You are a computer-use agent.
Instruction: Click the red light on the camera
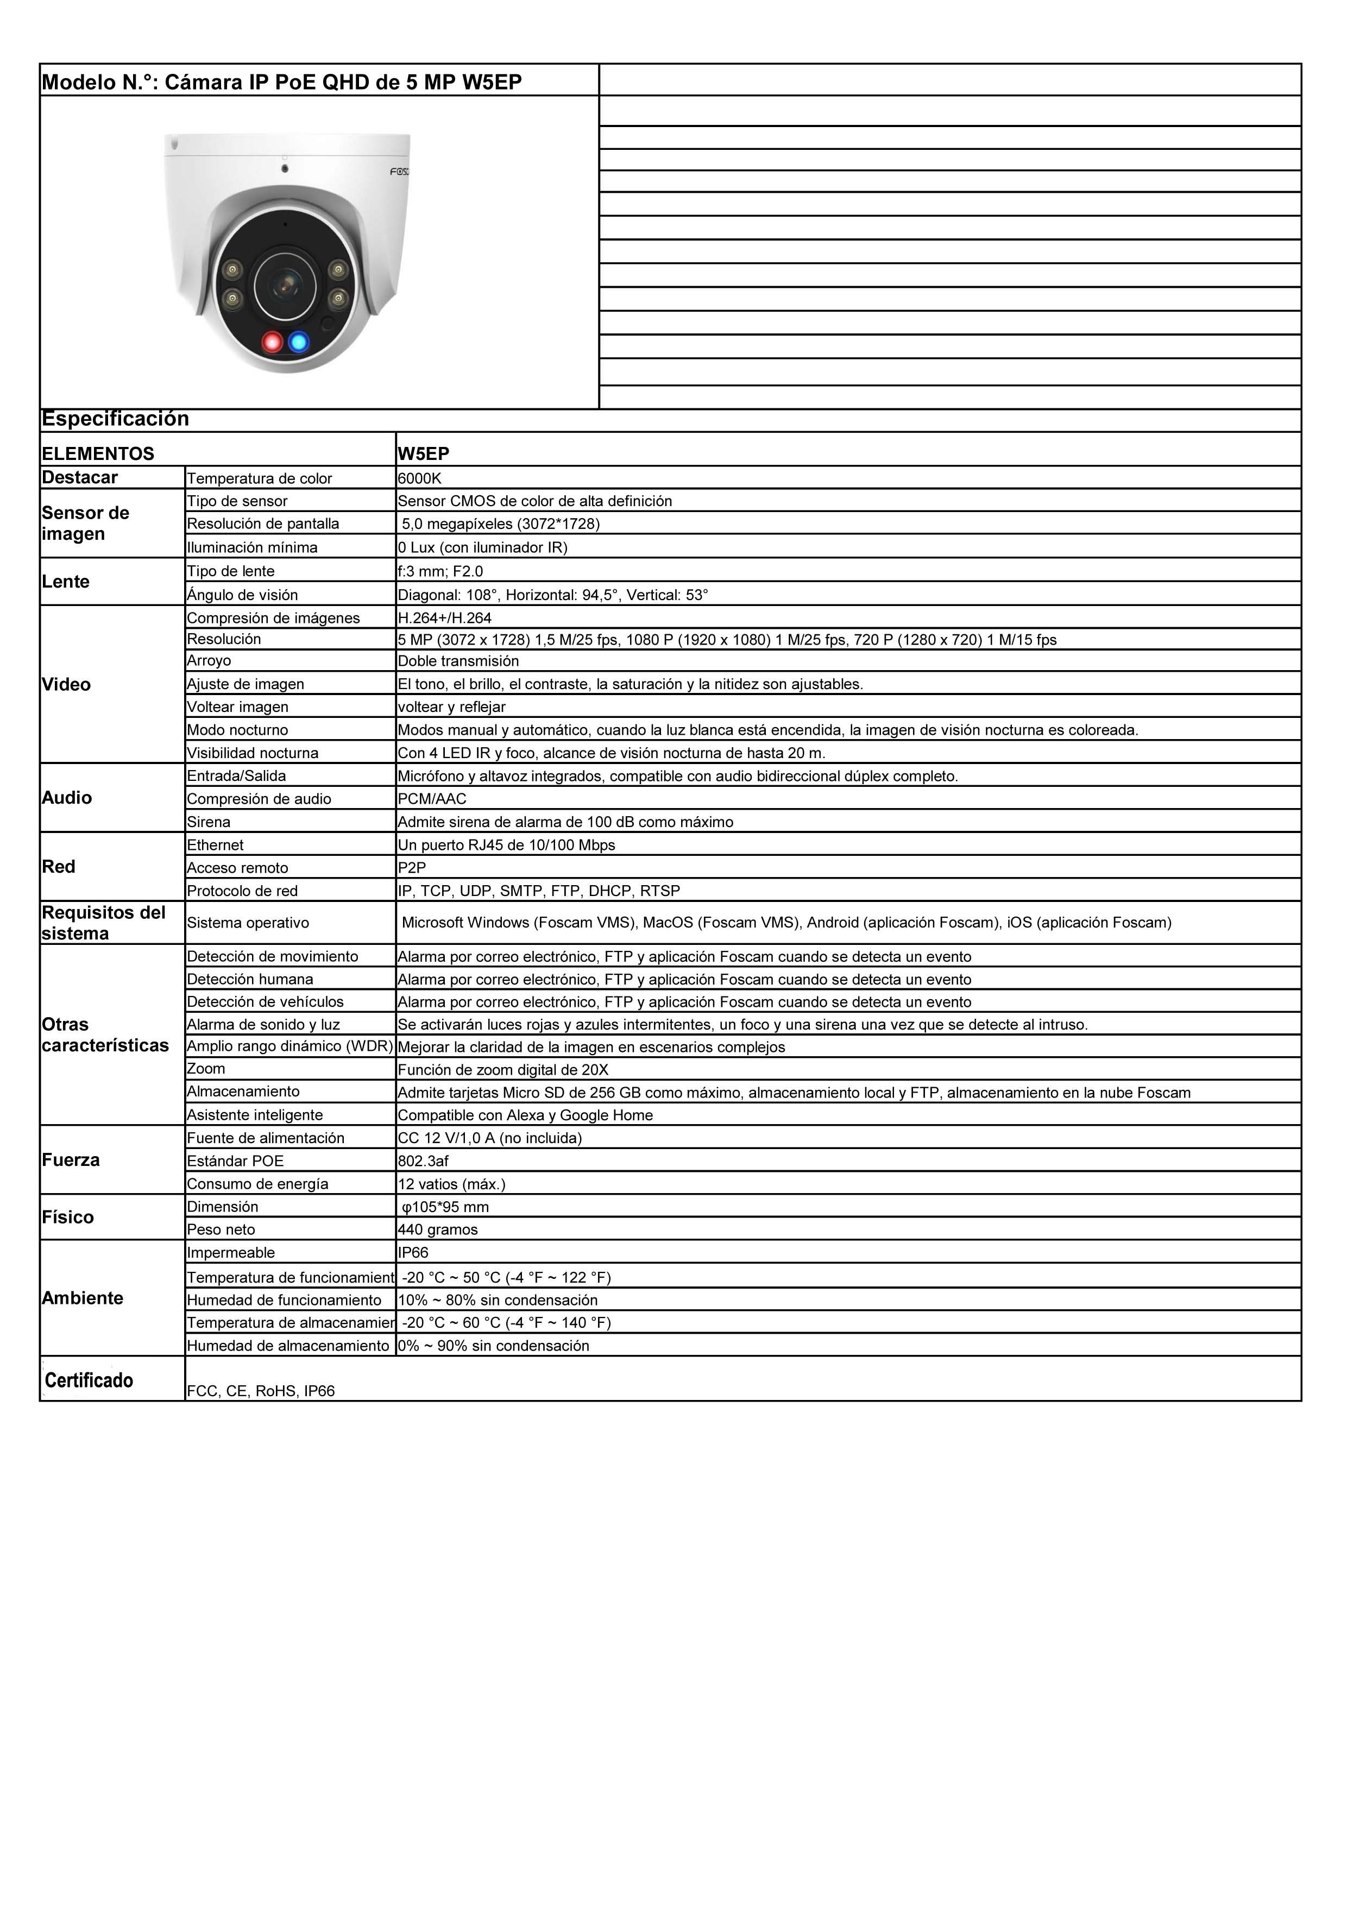coord(272,342)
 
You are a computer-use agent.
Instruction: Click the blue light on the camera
coord(299,342)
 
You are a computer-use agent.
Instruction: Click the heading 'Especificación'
coord(115,419)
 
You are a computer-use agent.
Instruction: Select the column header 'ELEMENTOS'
coord(98,454)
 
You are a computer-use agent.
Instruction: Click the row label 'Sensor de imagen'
coord(85,523)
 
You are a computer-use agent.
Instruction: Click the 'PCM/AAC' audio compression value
coord(432,799)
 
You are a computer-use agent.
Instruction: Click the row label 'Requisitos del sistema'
coord(104,923)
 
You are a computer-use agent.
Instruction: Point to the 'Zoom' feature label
coord(206,1069)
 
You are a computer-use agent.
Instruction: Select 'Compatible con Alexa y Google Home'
coord(525,1115)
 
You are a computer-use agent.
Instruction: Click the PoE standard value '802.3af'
coord(423,1160)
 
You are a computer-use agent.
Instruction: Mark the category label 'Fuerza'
coord(71,1160)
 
